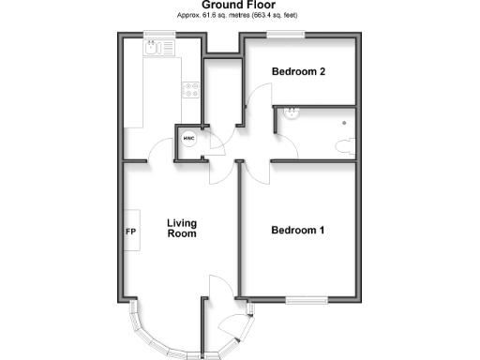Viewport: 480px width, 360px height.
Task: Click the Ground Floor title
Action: [239, 6]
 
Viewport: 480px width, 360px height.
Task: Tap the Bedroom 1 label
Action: [299, 231]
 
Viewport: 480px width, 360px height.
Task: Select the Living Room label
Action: [182, 229]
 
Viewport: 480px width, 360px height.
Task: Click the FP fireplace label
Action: [130, 231]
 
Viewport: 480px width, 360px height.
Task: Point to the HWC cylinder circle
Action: [188, 141]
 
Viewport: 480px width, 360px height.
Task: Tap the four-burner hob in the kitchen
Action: [191, 91]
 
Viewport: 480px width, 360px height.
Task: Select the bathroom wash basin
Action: [291, 113]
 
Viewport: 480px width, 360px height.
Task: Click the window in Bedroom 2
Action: [286, 35]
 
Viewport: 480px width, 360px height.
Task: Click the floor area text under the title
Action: [239, 17]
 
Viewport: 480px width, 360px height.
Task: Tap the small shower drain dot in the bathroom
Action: [343, 121]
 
